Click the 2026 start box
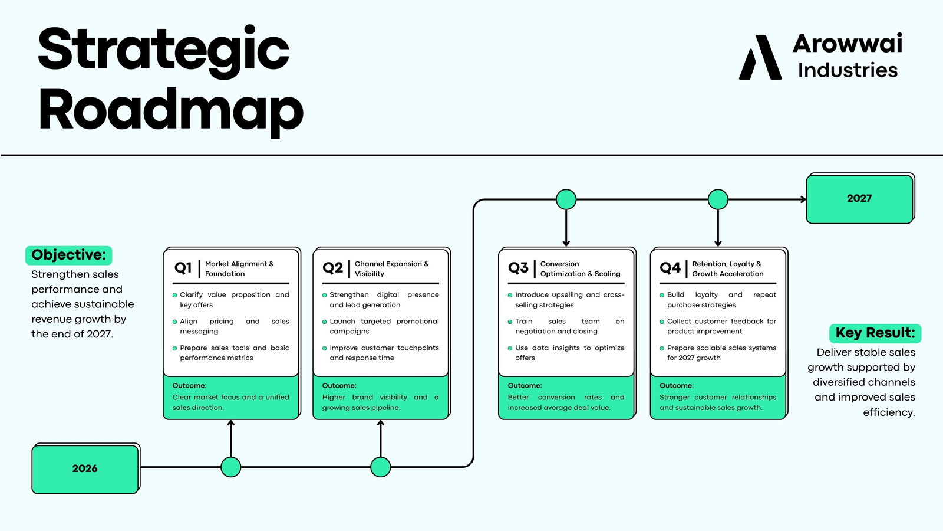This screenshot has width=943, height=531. click(85, 468)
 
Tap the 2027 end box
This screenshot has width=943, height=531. click(860, 198)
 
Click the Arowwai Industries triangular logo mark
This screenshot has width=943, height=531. click(760, 57)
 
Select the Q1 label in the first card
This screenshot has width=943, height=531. click(183, 268)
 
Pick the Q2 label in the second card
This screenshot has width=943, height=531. click(332, 268)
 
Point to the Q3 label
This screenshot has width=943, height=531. click(518, 268)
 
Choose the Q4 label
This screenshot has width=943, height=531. click(670, 268)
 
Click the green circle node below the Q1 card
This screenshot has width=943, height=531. click(230, 467)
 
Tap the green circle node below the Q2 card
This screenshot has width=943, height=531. click(381, 467)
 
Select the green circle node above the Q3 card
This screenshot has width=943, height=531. click(566, 199)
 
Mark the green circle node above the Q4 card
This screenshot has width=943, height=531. click(718, 199)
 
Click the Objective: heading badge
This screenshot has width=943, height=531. click(68, 255)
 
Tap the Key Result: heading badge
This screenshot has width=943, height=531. click(875, 333)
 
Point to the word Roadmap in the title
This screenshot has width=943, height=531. click(171, 112)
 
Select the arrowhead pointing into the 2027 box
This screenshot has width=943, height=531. click(803, 199)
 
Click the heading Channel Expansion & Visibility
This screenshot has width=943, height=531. click(391, 269)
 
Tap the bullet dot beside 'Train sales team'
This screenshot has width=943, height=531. click(510, 322)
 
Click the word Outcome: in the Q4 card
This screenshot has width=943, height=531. click(677, 386)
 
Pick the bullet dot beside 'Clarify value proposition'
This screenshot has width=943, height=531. click(174, 296)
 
